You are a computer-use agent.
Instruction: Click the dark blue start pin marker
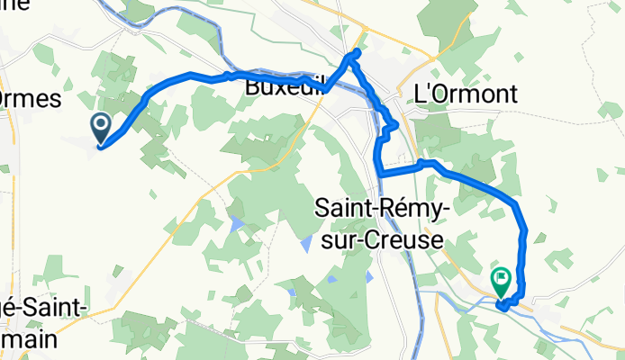(100, 127)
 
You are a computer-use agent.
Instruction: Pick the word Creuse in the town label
(402, 240)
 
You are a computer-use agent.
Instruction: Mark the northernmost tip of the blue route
(357, 52)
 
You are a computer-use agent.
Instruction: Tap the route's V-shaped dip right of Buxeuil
(325, 90)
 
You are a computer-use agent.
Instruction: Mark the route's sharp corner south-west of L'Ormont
(379, 171)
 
